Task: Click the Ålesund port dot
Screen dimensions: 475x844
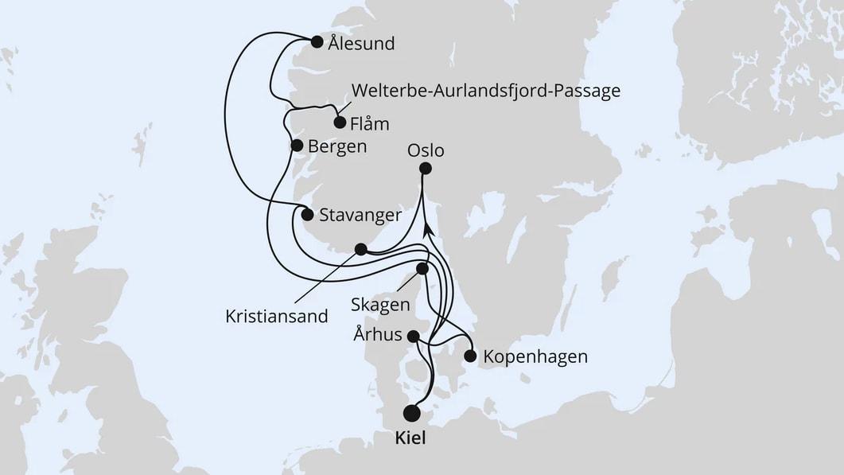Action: tap(317, 42)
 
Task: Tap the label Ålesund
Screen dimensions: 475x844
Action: tap(361, 43)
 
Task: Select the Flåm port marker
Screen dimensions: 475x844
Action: tap(340, 123)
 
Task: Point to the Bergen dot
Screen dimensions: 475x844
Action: tap(297, 146)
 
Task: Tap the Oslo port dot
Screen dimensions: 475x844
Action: tap(426, 168)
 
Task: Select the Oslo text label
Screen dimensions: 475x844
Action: tap(426, 150)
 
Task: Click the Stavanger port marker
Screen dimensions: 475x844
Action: tap(308, 213)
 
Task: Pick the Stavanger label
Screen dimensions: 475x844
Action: tap(360, 215)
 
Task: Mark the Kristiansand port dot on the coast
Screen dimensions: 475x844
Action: tap(360, 249)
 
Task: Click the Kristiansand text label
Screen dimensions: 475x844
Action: tap(276, 316)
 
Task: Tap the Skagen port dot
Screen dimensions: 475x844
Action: tap(422, 269)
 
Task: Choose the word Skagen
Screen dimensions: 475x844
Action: tap(382, 305)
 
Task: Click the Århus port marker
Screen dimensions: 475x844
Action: tap(414, 337)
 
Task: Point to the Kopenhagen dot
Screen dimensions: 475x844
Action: tap(470, 356)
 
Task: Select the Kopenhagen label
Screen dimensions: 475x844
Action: tap(535, 356)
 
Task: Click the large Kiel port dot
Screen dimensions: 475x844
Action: tap(411, 413)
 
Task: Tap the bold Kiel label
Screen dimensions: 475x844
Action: tap(410, 438)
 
